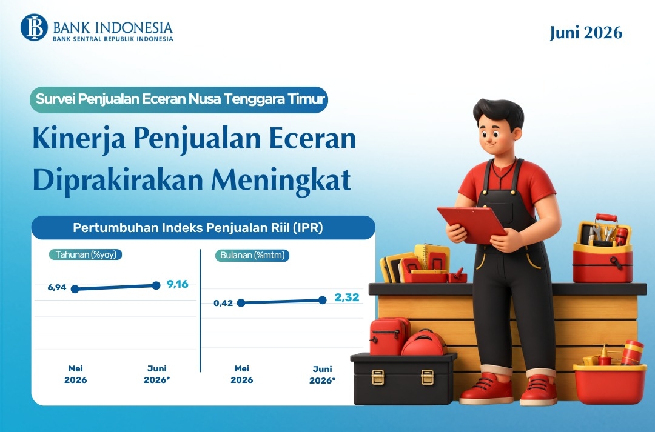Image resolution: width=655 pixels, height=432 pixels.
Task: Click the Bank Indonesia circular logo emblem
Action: pyautogui.click(x=34, y=27)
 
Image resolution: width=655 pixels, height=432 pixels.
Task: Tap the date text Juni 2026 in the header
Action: pyautogui.click(x=586, y=33)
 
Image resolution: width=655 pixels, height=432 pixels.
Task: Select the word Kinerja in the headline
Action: pyautogui.click(x=79, y=139)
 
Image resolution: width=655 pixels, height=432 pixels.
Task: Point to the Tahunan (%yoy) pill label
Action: pyautogui.click(x=86, y=254)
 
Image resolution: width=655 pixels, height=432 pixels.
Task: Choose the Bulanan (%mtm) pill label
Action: pyautogui.click(x=252, y=255)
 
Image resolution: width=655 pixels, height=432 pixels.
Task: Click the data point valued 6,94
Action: pyautogui.click(x=75, y=289)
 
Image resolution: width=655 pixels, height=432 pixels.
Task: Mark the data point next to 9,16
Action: pyautogui.click(x=156, y=285)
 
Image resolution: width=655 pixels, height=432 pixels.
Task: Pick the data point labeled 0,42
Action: pyautogui.click(x=241, y=303)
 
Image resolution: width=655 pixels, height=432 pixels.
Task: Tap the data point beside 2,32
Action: pyautogui.click(x=323, y=300)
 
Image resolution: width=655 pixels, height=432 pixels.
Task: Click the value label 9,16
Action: pyautogui.click(x=178, y=284)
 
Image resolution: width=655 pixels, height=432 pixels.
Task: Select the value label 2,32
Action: pyautogui.click(x=347, y=297)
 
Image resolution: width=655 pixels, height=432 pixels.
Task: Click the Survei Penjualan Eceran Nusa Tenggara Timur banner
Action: pyautogui.click(x=179, y=99)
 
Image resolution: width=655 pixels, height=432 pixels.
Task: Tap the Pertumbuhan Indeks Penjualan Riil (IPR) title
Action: pyautogui.click(x=198, y=227)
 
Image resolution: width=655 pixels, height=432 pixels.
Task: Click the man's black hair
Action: pyautogui.click(x=499, y=111)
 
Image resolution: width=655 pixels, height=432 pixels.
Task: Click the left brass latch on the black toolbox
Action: pyautogui.click(x=378, y=377)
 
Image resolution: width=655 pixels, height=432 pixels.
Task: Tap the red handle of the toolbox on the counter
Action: pyautogui.click(x=606, y=218)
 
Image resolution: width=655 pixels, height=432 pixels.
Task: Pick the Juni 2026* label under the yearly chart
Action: pyautogui.click(x=156, y=374)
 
